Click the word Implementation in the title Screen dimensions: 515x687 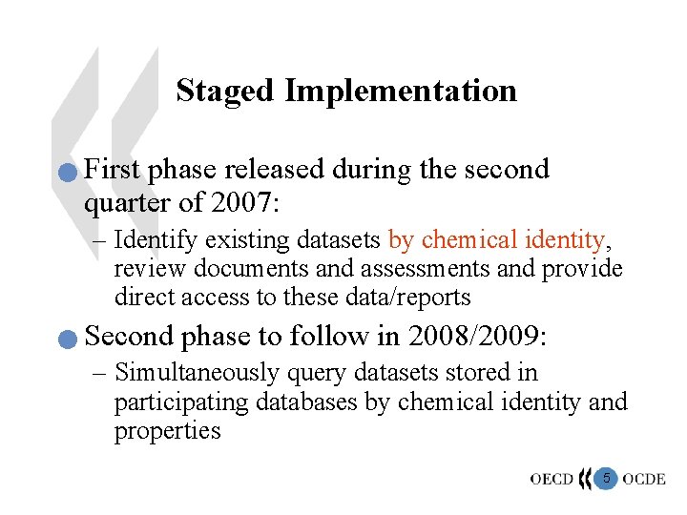click(401, 92)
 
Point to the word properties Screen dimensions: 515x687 click(167, 431)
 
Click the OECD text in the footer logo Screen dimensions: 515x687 click(552, 479)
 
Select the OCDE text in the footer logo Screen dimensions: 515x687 click(644, 479)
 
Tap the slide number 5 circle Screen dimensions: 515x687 click(605, 477)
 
